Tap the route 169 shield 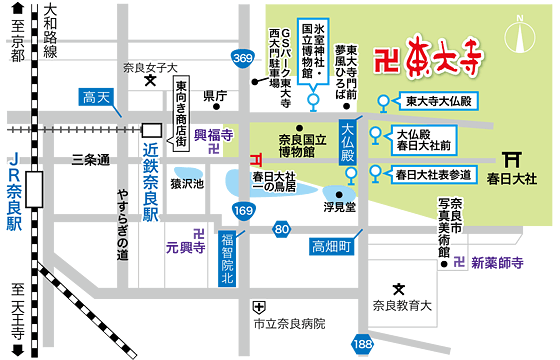tap(243, 210)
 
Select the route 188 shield tap(361, 345)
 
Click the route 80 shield tap(283, 231)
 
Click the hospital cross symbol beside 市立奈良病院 tap(259, 306)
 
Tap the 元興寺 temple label tap(185, 243)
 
